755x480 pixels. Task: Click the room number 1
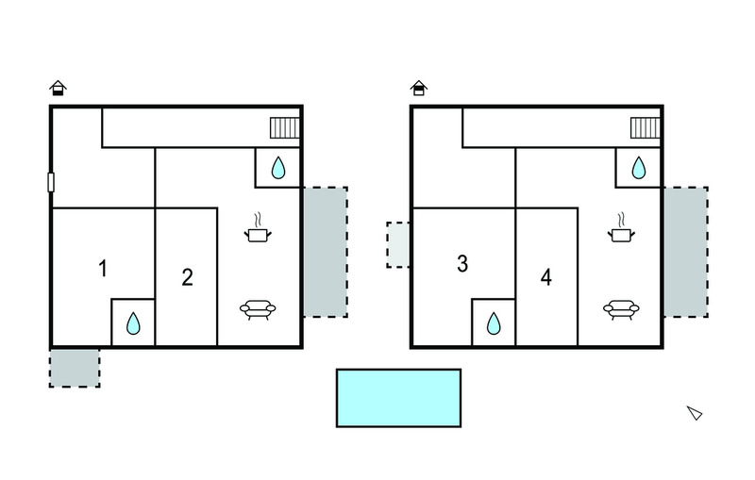pos(103,269)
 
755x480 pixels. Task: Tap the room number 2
pos(187,277)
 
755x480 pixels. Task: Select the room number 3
pos(462,263)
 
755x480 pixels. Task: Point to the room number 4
pos(546,277)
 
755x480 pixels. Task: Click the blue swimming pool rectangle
pos(398,398)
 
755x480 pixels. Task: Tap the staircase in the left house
pos(285,128)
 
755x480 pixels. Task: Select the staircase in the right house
pos(646,128)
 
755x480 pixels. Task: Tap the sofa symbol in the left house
pos(258,309)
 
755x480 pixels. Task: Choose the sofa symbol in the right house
pos(621,309)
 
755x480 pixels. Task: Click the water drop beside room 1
pos(133,323)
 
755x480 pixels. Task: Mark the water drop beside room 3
pos(494,323)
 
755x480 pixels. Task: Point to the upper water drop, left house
pos(278,167)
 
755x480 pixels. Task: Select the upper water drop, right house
pos(639,167)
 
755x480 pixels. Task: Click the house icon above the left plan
pos(58,88)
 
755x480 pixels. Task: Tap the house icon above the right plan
pos(419,88)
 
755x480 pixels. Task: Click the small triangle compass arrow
pos(695,413)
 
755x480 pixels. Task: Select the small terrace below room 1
pos(75,368)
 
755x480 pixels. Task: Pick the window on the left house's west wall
pos(51,182)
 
